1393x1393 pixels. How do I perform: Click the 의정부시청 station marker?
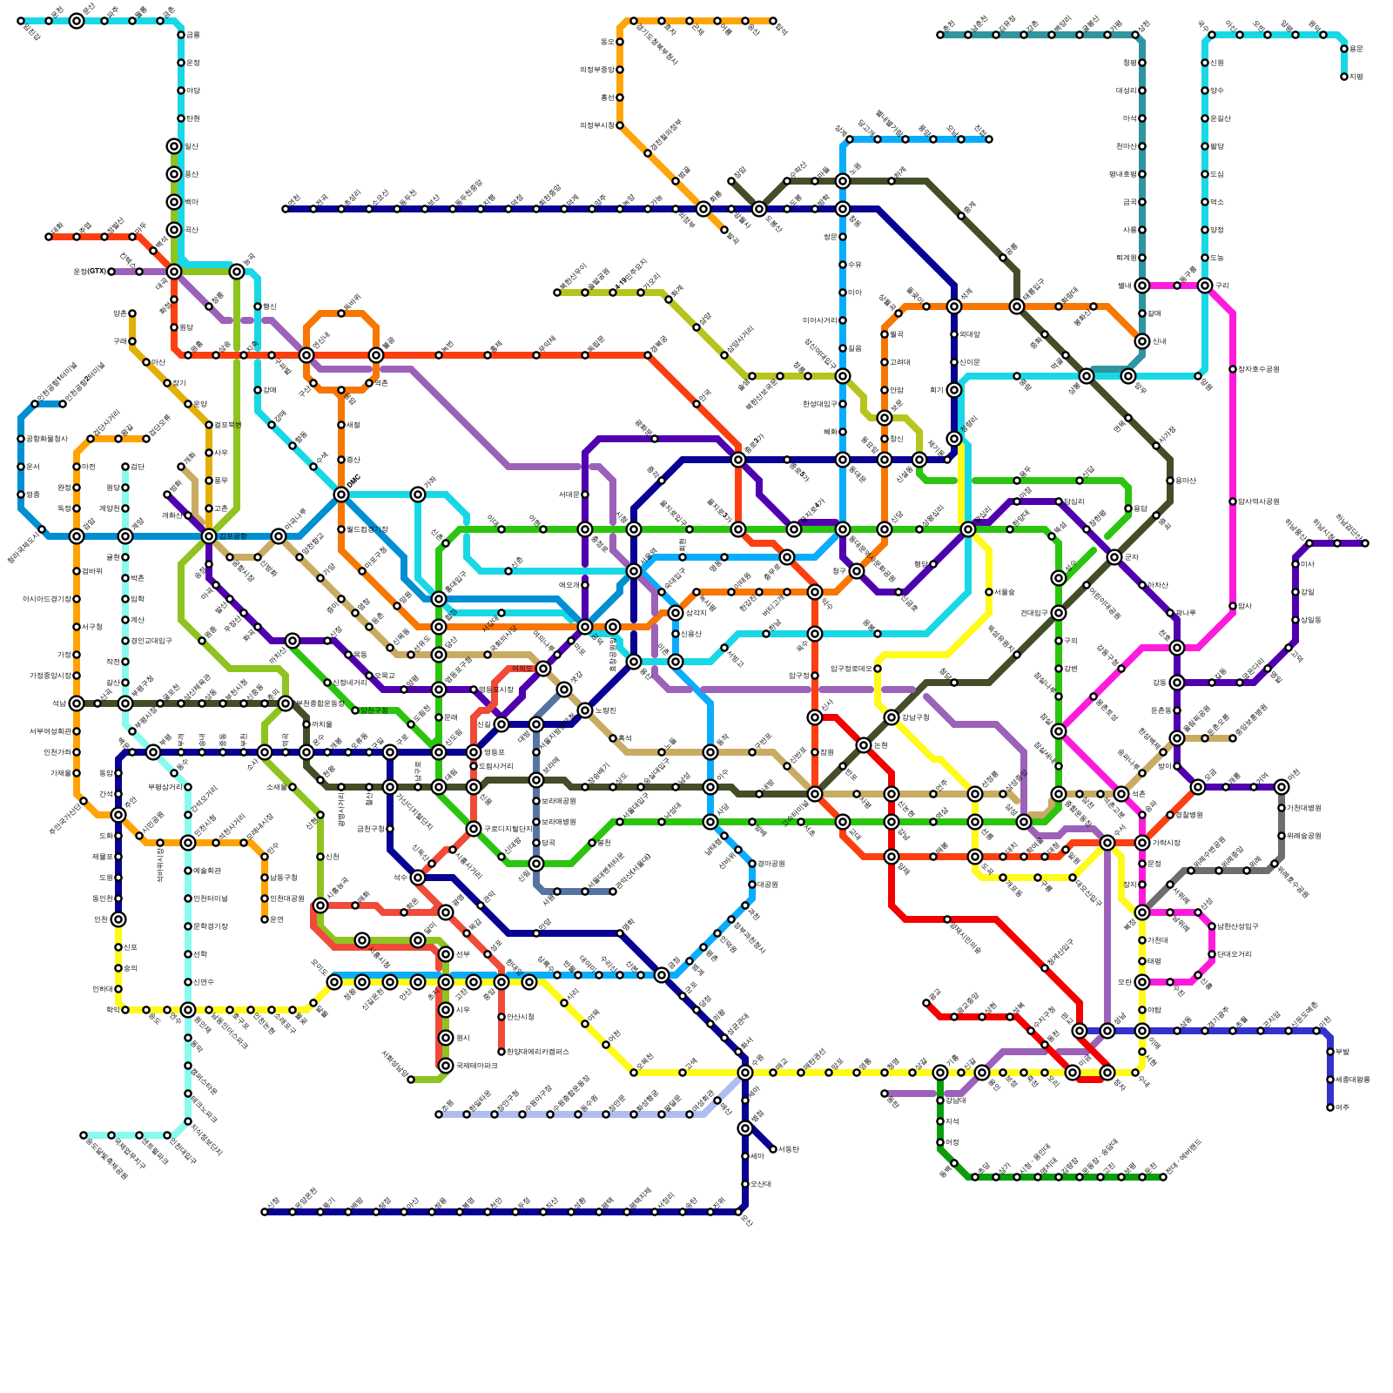click(x=620, y=125)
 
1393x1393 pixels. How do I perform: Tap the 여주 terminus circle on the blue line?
click(x=1330, y=1107)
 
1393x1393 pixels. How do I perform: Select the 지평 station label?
click(x=1356, y=77)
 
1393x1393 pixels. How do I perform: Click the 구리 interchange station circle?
click(x=1205, y=286)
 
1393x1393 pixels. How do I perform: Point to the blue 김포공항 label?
click(x=232, y=536)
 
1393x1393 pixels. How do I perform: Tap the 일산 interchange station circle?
click(x=174, y=146)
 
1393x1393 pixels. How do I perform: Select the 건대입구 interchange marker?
click(x=1059, y=613)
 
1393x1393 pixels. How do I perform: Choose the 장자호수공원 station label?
click(x=1259, y=369)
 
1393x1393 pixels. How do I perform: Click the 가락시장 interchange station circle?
click(x=1142, y=843)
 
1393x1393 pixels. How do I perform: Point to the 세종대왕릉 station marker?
click(x=1330, y=1080)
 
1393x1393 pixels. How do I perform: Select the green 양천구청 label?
click(x=373, y=710)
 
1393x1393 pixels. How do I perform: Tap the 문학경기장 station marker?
click(x=188, y=926)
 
